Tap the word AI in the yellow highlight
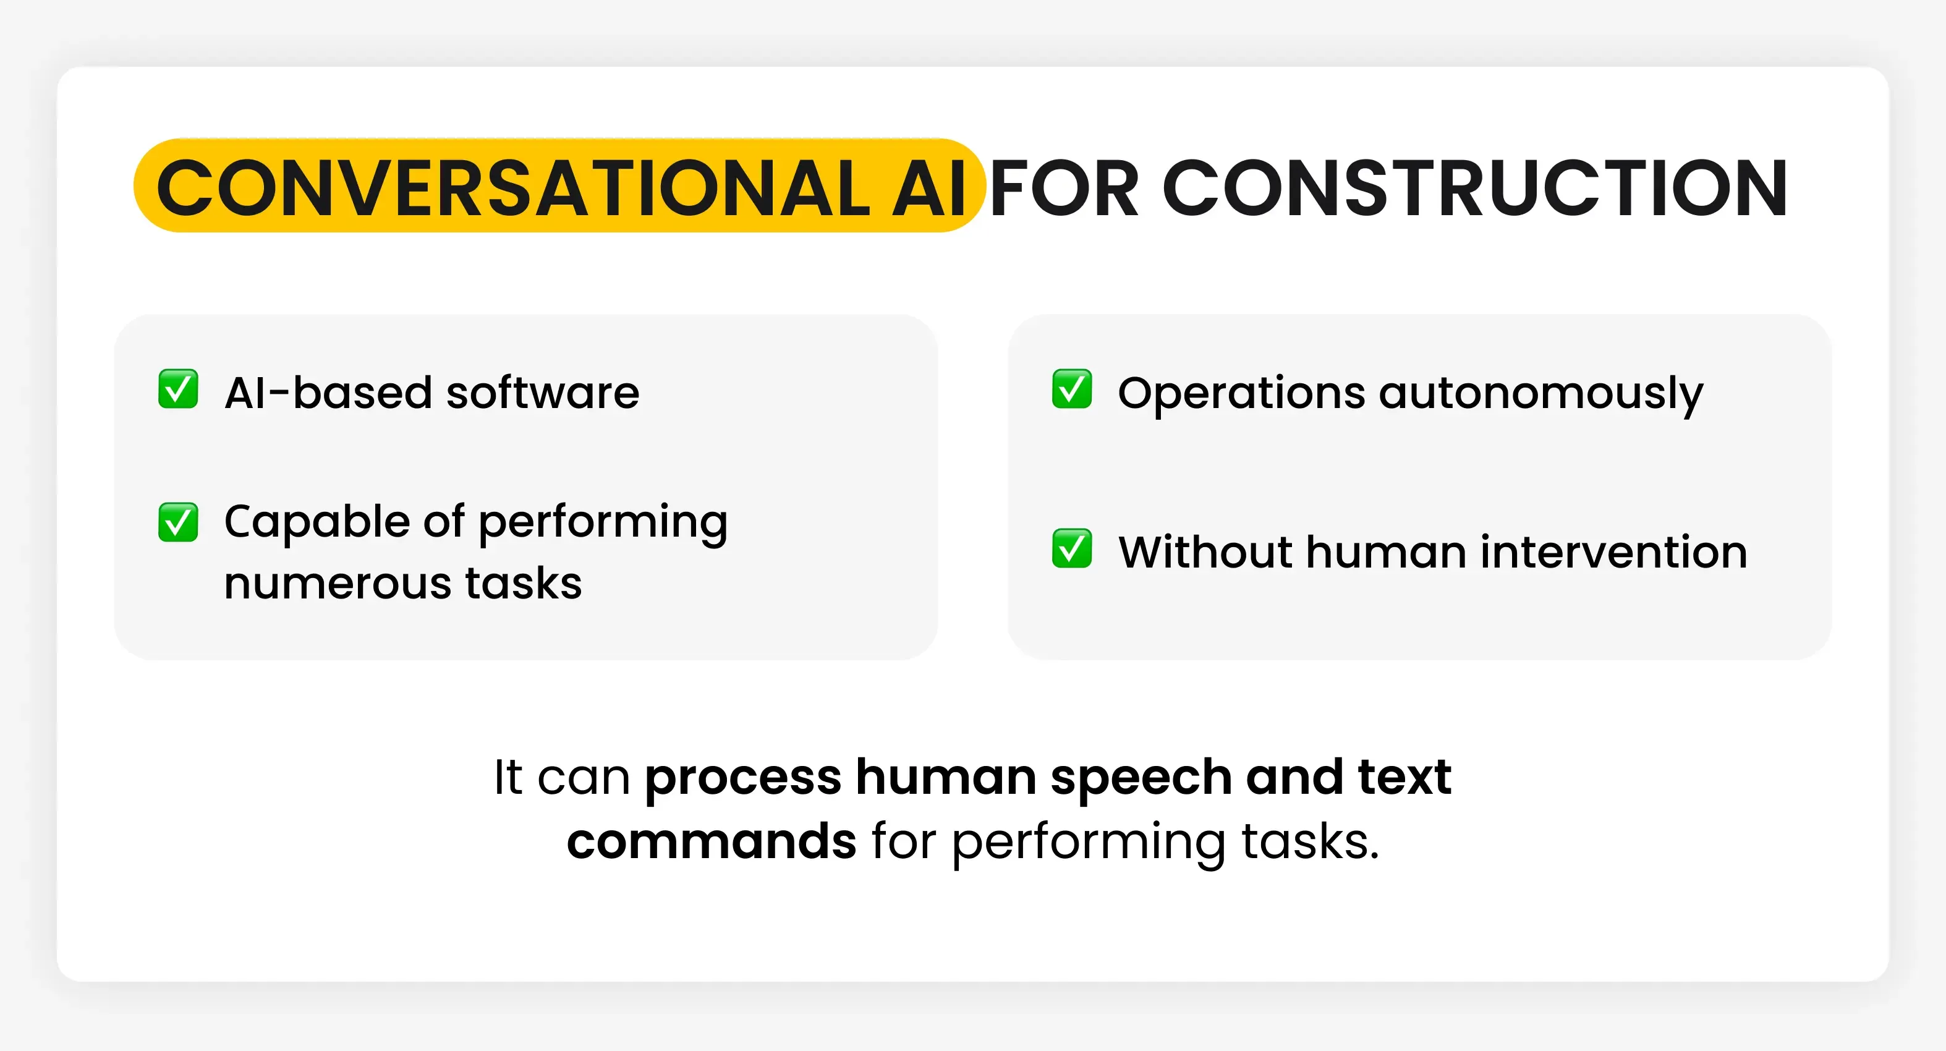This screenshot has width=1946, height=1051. click(x=929, y=187)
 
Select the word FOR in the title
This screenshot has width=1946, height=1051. click(x=1064, y=187)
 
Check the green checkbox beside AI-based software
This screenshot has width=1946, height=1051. click(x=178, y=389)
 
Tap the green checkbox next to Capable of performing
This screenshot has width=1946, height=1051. click(x=178, y=522)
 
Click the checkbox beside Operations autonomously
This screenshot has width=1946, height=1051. click(x=1072, y=389)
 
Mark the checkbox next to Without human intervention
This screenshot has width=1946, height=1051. click(x=1072, y=548)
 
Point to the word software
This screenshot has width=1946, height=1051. click(x=542, y=393)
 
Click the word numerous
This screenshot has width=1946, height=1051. click(x=336, y=583)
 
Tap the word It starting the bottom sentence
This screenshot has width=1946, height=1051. click(x=508, y=777)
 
